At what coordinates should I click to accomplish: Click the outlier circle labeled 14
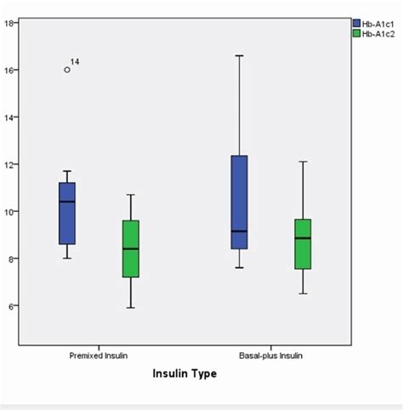pos(67,70)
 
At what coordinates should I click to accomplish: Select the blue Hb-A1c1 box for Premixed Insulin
pos(67,213)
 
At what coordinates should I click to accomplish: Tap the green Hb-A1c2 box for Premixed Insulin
pos(130,248)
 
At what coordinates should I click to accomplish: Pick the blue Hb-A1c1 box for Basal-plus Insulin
pos(239,202)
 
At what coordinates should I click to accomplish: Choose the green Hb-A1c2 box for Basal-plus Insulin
pos(303,244)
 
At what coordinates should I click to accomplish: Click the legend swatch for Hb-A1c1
pos(357,23)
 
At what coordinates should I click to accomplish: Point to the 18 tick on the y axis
pos(10,23)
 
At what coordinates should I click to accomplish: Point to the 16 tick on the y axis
pos(10,70)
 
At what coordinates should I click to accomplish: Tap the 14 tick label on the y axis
pos(10,117)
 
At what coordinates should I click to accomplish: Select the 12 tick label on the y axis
pos(10,164)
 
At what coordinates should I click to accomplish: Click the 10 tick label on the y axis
pos(10,211)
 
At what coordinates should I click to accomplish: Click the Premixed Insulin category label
pos(99,354)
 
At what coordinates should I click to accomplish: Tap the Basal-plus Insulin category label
pos(270,354)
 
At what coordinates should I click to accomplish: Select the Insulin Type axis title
pos(184,374)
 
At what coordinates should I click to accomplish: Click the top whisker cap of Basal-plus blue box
pos(239,55)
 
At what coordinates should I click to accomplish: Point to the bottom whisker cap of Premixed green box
pos(130,308)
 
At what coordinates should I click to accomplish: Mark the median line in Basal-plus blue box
pos(239,231)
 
